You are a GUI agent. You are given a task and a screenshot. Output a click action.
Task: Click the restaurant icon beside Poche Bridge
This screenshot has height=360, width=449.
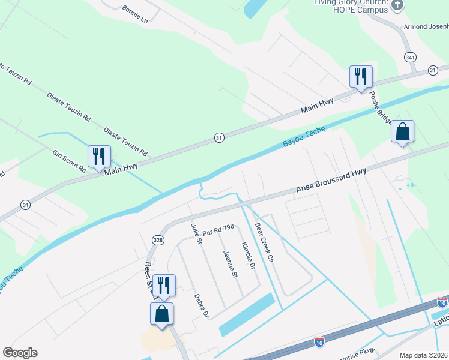[361, 77]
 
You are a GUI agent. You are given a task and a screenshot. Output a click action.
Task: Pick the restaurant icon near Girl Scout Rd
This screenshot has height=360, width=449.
[99, 157]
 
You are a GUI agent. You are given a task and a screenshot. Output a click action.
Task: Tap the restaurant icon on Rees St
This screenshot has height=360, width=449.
[163, 285]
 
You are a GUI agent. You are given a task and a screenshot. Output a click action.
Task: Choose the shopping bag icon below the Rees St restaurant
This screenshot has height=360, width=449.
[162, 313]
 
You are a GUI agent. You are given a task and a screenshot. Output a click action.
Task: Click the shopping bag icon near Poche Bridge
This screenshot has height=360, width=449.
[402, 132]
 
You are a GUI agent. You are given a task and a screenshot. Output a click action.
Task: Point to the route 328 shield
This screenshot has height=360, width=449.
[158, 239]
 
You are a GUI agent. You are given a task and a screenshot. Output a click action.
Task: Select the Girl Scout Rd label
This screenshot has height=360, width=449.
[70, 161]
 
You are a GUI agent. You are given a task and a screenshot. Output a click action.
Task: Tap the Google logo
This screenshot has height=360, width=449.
[20, 353]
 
